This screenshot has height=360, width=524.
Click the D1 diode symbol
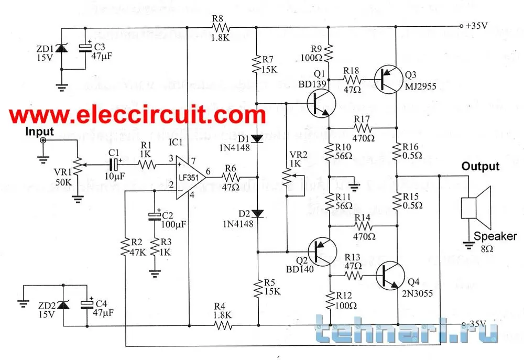tap(258, 138)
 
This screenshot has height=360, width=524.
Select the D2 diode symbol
tap(258, 213)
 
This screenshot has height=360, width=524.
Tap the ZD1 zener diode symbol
tap(62, 49)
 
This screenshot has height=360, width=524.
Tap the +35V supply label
tap(475, 25)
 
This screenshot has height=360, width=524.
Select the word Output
tap(480, 167)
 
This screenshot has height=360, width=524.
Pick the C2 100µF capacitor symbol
tap(155, 216)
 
